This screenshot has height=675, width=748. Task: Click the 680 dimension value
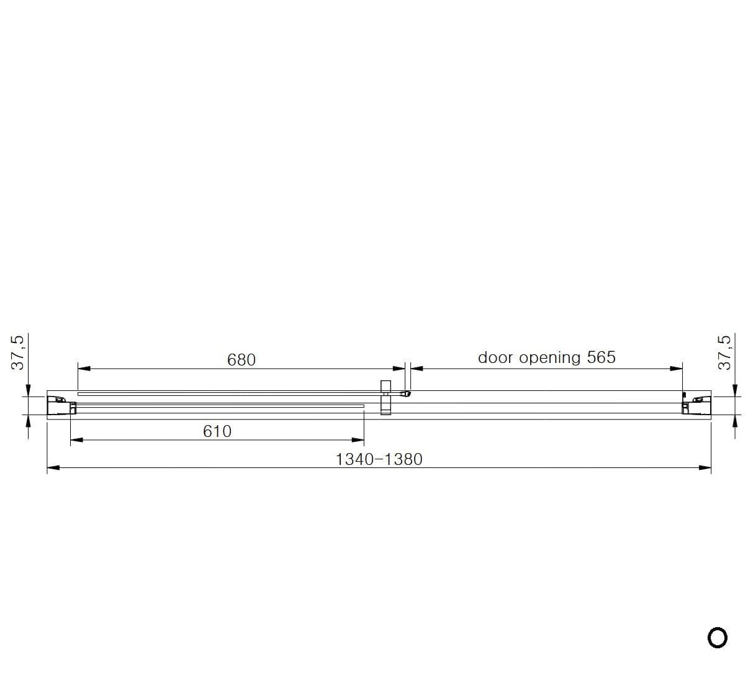pos(241,360)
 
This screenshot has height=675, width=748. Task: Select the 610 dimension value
pos(217,431)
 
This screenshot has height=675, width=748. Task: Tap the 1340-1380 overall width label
pos(379,459)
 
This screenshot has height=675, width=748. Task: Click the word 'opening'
pos(550,359)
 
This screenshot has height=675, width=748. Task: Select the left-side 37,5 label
pos(18,352)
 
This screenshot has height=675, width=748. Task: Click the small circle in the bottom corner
pos(717,637)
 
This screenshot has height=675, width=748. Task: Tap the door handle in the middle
pos(385,397)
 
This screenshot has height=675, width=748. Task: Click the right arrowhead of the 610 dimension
pos(358,440)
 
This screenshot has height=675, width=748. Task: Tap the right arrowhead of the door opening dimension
pos(676,369)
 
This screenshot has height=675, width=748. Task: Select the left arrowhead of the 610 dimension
pos(76,440)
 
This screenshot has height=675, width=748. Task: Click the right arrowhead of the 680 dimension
pos(399,369)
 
